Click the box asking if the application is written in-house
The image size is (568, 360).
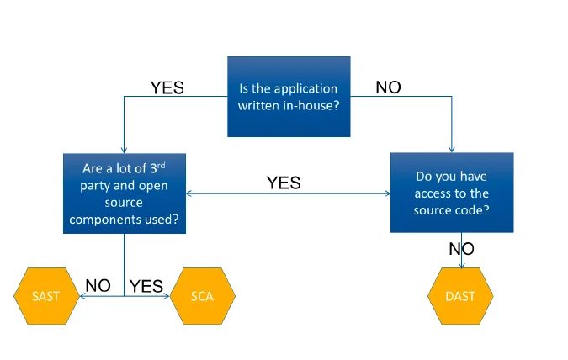[289, 96]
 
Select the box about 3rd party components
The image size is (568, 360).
[125, 193]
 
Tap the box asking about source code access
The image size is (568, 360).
[451, 193]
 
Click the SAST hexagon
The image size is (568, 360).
[45, 296]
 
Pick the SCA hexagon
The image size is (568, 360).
[202, 296]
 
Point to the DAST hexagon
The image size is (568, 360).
[460, 296]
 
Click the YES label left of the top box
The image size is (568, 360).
[167, 87]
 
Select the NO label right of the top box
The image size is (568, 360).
[388, 87]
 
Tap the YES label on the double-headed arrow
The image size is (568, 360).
[284, 183]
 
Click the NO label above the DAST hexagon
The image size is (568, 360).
[461, 249]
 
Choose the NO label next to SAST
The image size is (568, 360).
[98, 286]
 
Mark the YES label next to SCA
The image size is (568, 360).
[146, 286]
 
